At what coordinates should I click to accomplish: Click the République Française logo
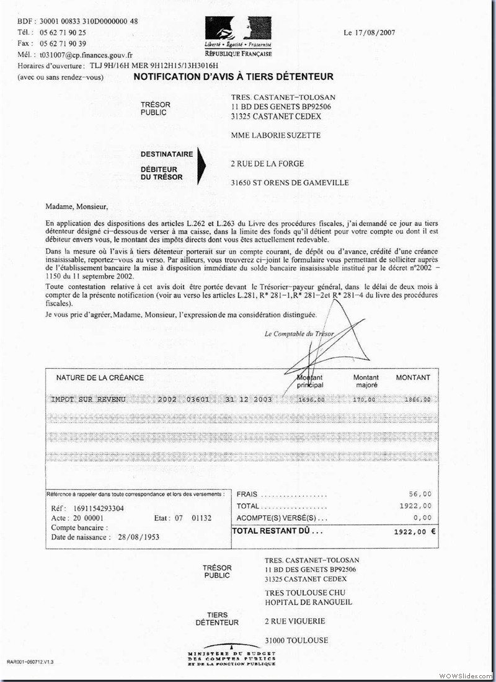[238, 37]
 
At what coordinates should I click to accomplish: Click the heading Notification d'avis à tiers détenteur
[233, 77]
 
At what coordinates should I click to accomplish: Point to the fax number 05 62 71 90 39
[63, 43]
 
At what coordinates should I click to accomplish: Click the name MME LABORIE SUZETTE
[276, 136]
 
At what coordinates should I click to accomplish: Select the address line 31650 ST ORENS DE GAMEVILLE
[289, 183]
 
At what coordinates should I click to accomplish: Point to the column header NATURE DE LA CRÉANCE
[100, 378]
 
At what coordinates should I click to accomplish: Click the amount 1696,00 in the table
[311, 400]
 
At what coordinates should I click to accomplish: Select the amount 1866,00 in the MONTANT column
[417, 400]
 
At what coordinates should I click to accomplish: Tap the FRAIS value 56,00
[420, 494]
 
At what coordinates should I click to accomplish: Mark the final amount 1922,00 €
[415, 532]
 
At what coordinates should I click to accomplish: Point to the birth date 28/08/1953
[138, 537]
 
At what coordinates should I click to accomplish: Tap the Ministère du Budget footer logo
[232, 655]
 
